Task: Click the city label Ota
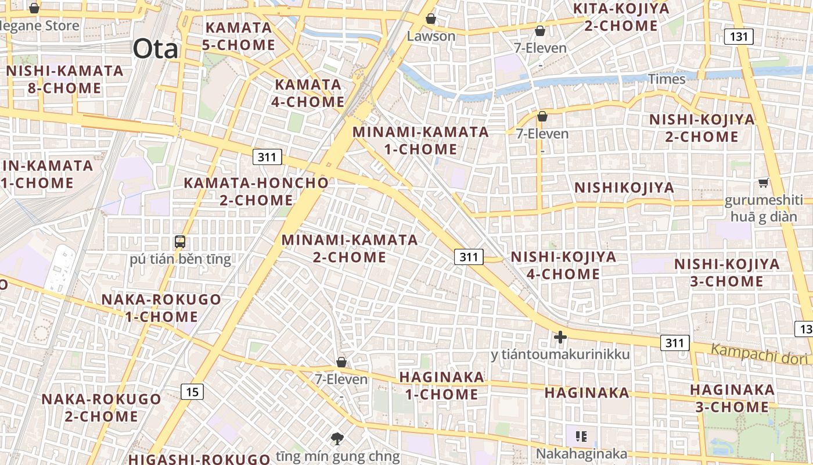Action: tap(155, 49)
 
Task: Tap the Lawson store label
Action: tap(431, 36)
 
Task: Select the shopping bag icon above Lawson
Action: tap(431, 18)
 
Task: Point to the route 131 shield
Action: tap(739, 37)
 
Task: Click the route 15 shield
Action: tap(192, 392)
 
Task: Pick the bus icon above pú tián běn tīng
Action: tap(180, 241)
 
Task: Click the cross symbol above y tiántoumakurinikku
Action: tap(560, 337)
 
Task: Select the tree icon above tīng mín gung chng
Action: tap(337, 438)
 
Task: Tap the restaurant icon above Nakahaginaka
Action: tap(581, 436)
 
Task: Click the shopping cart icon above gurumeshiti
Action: tap(764, 183)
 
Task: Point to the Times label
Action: tap(667, 78)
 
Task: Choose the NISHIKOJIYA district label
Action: tap(624, 188)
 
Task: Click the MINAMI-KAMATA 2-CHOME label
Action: tap(350, 248)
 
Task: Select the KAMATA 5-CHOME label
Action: tap(239, 36)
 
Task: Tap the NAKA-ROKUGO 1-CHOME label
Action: tap(161, 308)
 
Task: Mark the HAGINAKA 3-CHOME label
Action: tap(732, 398)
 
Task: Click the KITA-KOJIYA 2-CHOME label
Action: tap(621, 17)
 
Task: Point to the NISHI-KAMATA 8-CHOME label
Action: tap(64, 80)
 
